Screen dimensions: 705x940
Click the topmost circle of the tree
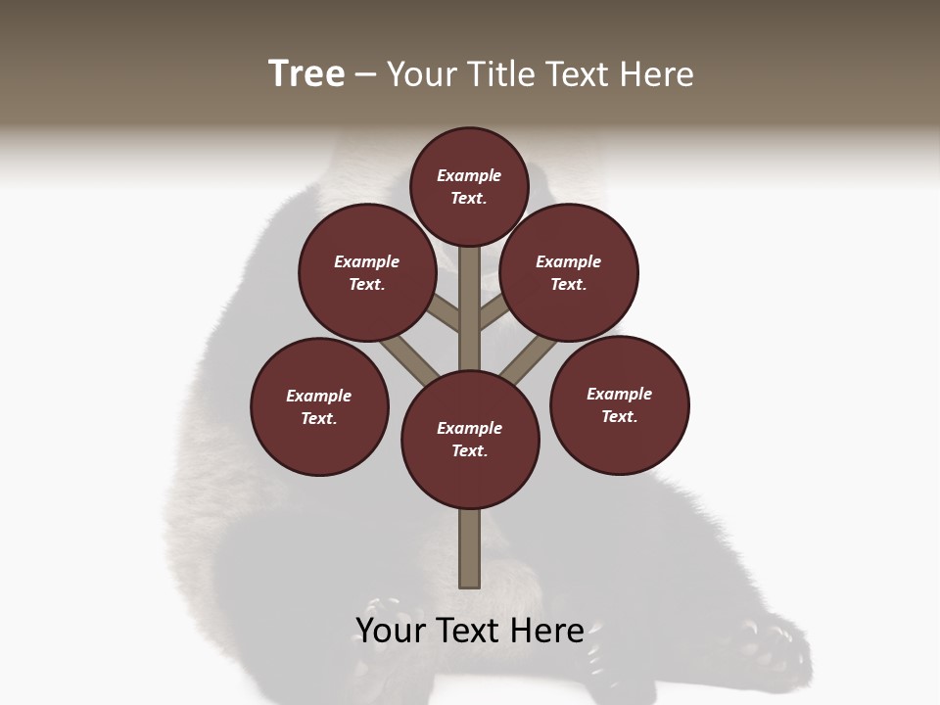[469, 186]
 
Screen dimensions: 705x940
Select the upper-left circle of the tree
[367, 272]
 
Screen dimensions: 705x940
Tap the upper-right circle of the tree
[569, 272]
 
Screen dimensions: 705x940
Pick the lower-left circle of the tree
[319, 406]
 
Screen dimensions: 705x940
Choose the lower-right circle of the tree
[619, 404]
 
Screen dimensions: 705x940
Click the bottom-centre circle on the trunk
[470, 440]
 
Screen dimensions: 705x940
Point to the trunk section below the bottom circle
[470, 548]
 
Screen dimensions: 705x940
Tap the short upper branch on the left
[446, 314]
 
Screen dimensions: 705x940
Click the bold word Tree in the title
[306, 73]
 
